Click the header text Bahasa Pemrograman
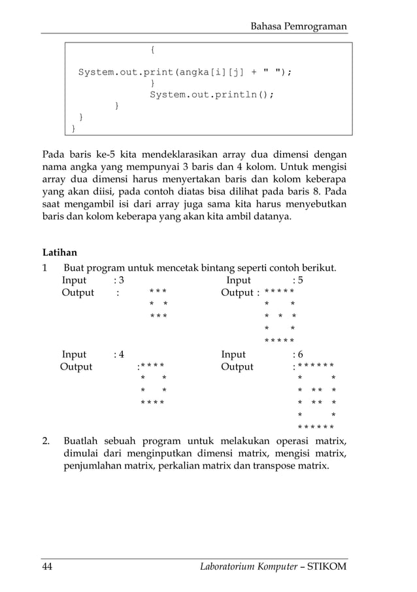point(299,26)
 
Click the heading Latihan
point(59,252)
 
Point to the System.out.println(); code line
point(212,94)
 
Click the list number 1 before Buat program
point(44,268)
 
